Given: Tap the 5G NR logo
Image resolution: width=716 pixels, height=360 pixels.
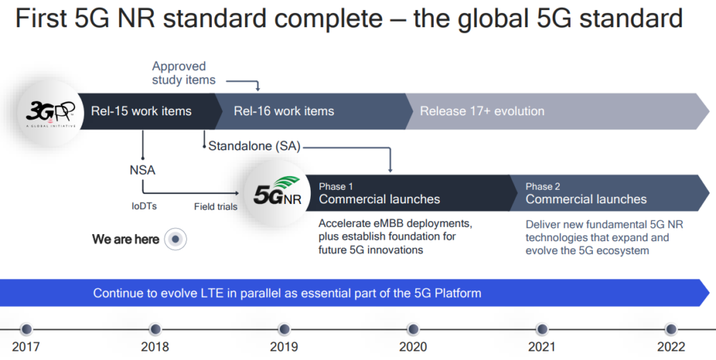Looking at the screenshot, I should pyautogui.click(x=278, y=192).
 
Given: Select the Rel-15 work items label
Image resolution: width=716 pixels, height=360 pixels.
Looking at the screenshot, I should pyautogui.click(x=141, y=111).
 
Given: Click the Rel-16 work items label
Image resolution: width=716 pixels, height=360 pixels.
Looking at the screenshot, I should pyautogui.click(x=284, y=111).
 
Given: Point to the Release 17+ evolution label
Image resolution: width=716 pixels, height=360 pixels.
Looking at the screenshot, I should pyautogui.click(x=482, y=111).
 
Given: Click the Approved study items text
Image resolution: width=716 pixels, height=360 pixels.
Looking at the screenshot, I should pyautogui.click(x=183, y=73).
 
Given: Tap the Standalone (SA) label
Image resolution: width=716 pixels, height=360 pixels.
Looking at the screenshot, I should pyautogui.click(x=254, y=146).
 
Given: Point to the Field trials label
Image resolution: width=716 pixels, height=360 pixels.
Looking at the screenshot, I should pyautogui.click(x=216, y=207).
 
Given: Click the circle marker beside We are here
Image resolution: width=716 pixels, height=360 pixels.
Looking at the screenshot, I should pyautogui.click(x=175, y=240).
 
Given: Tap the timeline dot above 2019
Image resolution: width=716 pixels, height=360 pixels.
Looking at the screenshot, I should pyautogui.click(x=284, y=329).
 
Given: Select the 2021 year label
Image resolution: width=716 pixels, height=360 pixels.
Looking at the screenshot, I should pyautogui.click(x=542, y=347).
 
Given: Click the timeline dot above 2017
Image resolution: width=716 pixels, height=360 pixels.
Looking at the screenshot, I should pyautogui.click(x=26, y=329).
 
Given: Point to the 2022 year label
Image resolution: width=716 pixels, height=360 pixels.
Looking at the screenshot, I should pyautogui.click(x=671, y=347).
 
